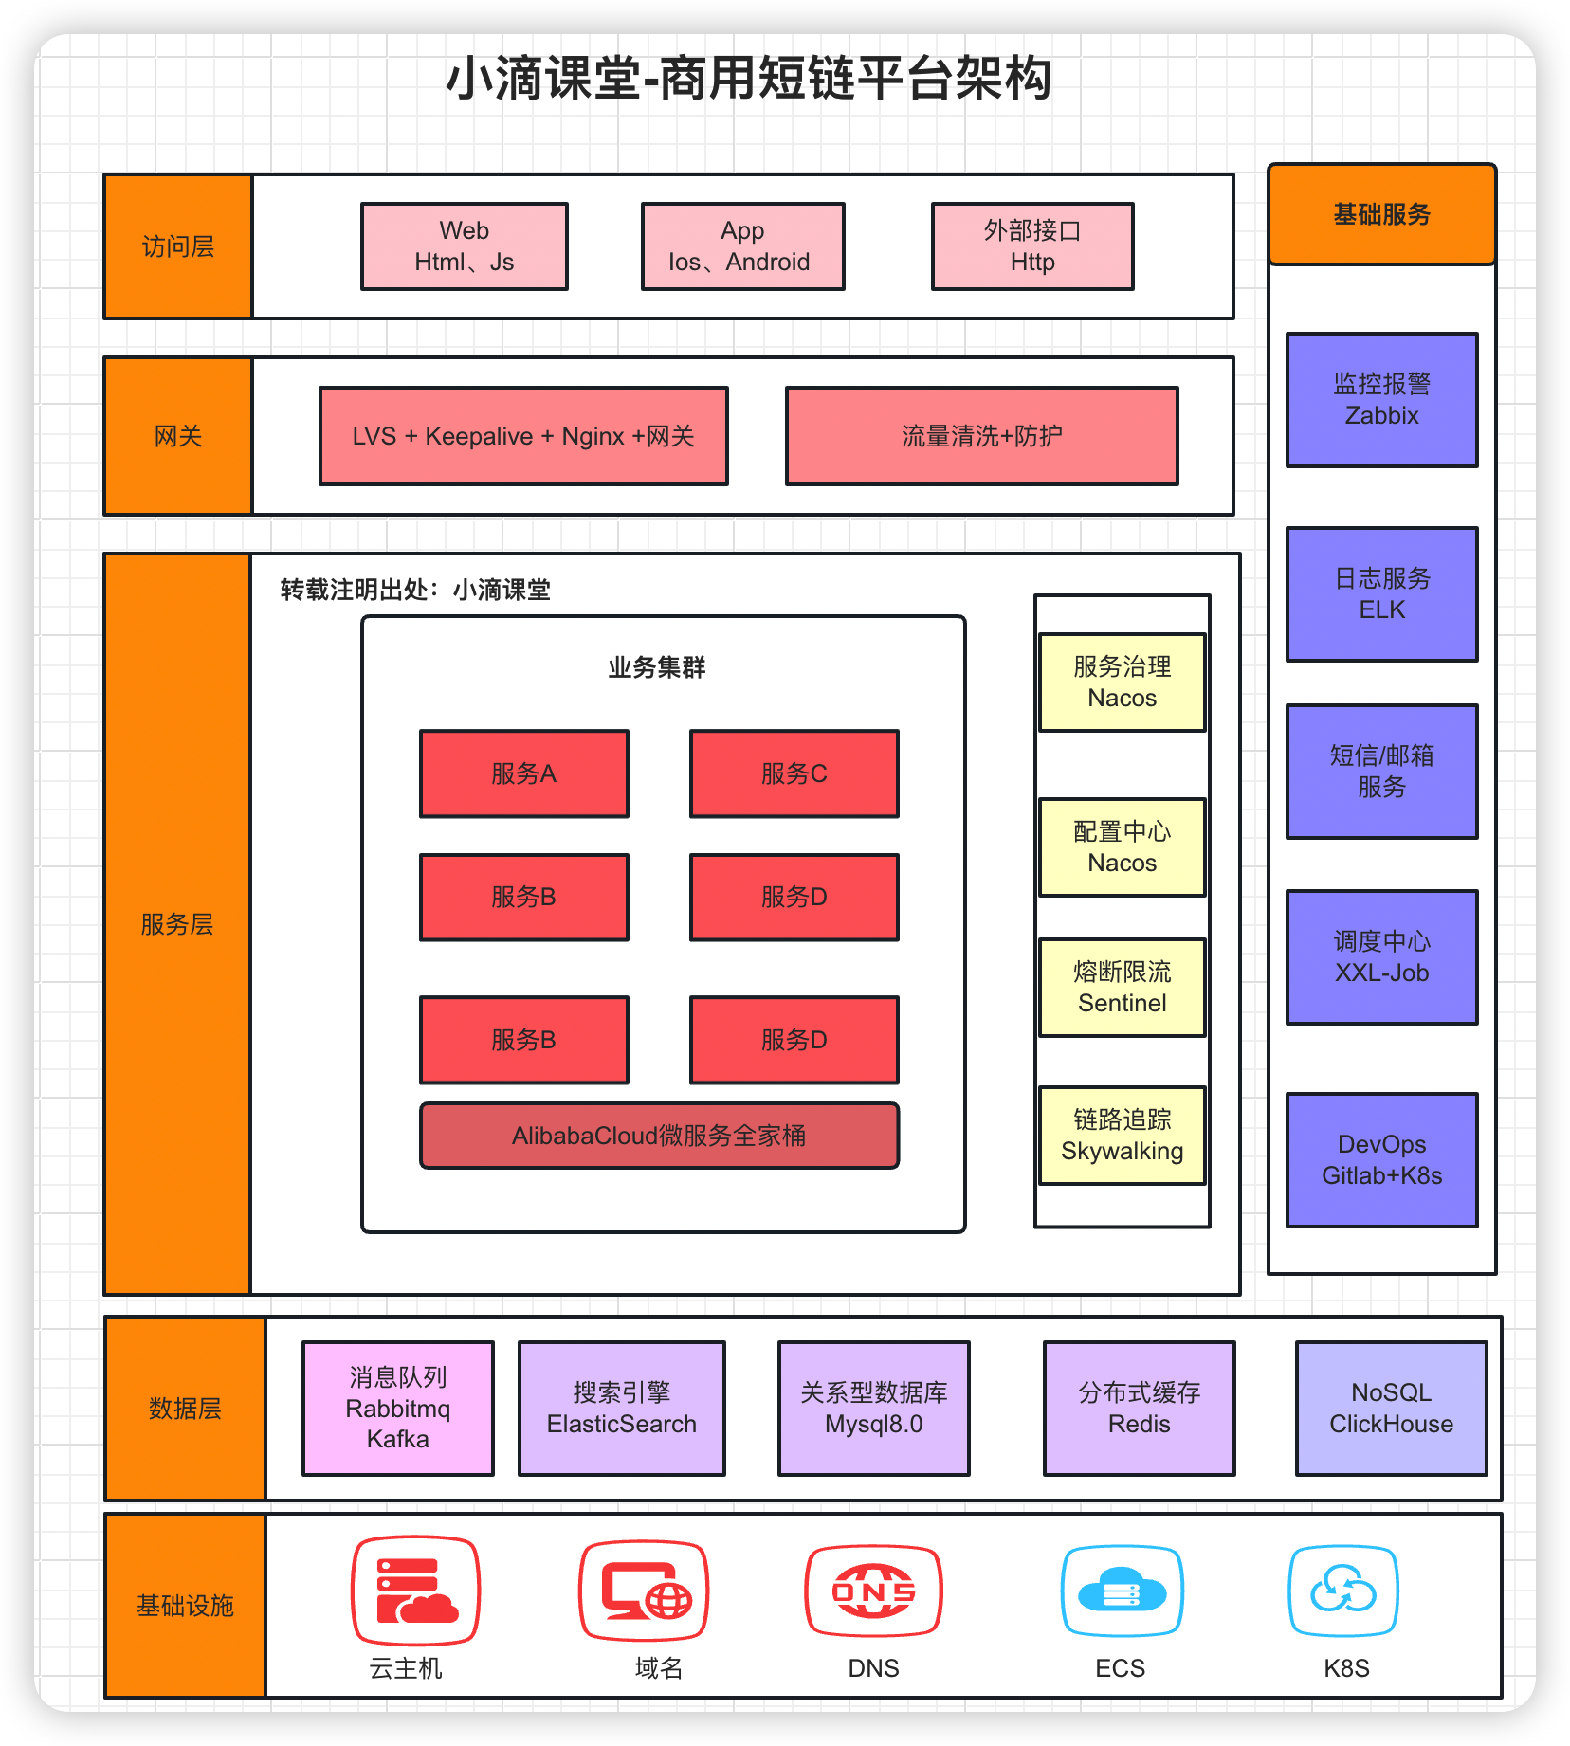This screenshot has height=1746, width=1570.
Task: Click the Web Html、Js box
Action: (x=465, y=246)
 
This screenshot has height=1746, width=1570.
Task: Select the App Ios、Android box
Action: (x=742, y=246)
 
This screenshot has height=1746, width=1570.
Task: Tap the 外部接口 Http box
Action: (x=1032, y=246)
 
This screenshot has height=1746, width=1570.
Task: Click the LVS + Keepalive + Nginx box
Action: (x=523, y=436)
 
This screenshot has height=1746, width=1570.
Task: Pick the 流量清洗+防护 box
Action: (x=981, y=436)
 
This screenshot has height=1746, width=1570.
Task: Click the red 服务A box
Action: (x=523, y=773)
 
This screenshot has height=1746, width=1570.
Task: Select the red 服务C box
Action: (x=794, y=773)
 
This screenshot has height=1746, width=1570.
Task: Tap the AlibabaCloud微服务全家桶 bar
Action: (x=659, y=1136)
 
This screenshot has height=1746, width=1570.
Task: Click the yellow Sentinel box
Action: (x=1122, y=988)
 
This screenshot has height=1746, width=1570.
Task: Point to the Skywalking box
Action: (x=1122, y=1136)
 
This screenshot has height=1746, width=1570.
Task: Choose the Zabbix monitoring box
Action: (x=1381, y=400)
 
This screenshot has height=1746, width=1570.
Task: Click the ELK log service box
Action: (x=1381, y=594)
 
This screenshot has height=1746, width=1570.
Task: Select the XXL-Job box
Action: (x=1381, y=957)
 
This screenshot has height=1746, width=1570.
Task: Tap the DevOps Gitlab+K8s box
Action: (x=1381, y=1160)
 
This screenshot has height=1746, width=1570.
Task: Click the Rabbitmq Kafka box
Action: (x=398, y=1409)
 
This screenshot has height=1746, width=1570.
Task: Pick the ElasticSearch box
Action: (x=621, y=1409)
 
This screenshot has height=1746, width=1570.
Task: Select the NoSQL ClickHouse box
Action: (x=1391, y=1409)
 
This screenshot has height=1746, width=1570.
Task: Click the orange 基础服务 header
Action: (x=1381, y=215)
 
